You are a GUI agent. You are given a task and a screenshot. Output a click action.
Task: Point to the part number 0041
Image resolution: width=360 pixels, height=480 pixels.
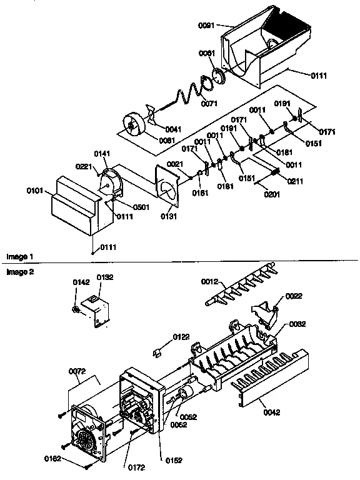pos(174,129)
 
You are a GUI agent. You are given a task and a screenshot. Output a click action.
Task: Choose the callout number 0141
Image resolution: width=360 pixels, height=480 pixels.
pos(102,154)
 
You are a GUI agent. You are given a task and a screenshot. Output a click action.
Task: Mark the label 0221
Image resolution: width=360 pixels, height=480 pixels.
pos(84,167)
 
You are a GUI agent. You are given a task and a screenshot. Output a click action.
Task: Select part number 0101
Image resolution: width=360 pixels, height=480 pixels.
pos(35,189)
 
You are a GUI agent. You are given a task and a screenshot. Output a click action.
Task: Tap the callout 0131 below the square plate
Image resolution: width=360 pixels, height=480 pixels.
pos(169,216)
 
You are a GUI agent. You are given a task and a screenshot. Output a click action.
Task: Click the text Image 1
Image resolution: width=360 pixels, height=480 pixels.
pos(19,257)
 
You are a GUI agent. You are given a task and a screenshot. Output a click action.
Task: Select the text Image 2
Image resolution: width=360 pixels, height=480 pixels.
pos(19,272)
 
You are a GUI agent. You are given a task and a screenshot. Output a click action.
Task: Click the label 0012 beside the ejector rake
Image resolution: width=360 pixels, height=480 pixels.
pos(209,283)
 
